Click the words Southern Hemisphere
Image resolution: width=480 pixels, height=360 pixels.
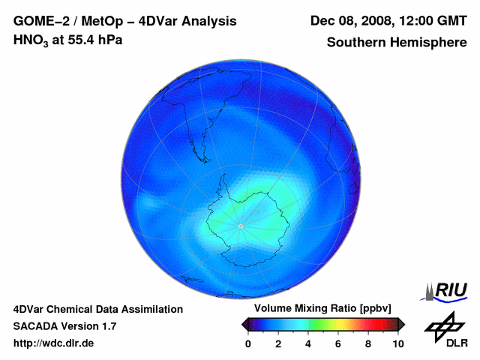coord(397,43)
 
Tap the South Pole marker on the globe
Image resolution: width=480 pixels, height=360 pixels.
coord(240,226)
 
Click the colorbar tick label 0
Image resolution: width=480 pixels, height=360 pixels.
coord(248,343)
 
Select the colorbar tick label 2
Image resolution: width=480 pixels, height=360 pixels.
coord(278,343)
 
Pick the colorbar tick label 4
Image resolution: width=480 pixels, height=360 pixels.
coord(308,343)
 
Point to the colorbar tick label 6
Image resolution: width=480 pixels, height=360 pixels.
coord(338,343)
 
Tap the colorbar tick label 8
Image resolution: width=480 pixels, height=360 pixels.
coord(368,343)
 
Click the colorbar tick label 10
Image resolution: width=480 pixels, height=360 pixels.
coord(398,343)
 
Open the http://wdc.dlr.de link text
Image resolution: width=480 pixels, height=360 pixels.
coord(54,343)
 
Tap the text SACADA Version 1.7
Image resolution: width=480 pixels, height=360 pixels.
coord(64,326)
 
